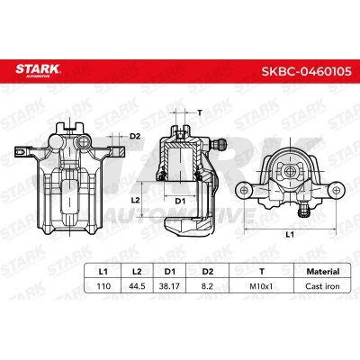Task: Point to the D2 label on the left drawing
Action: point(135,136)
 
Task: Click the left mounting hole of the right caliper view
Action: point(246,190)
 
